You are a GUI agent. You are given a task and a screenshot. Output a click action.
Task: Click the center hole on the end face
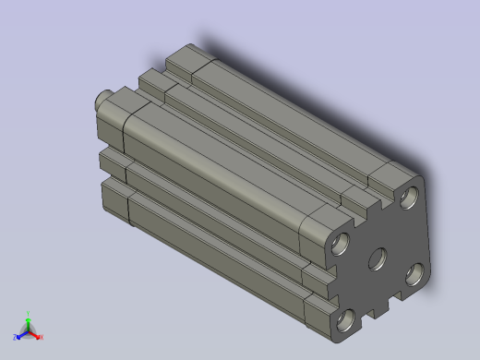tap(378, 259)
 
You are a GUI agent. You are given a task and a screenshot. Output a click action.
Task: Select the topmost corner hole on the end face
tap(409, 197)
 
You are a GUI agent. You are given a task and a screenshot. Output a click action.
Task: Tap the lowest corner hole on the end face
tap(347, 320)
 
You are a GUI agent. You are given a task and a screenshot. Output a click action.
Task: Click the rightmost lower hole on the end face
tap(415, 273)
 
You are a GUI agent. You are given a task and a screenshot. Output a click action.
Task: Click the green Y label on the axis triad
tap(29, 313)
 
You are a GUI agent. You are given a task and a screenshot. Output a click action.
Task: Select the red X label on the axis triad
tap(42, 337)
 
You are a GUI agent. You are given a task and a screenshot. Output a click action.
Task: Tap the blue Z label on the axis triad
tap(15, 337)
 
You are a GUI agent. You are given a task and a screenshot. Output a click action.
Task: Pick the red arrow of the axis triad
tap(36, 333)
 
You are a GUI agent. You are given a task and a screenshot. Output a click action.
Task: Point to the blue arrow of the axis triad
tap(21, 333)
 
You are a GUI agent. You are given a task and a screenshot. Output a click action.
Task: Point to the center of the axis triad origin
tap(29, 330)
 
